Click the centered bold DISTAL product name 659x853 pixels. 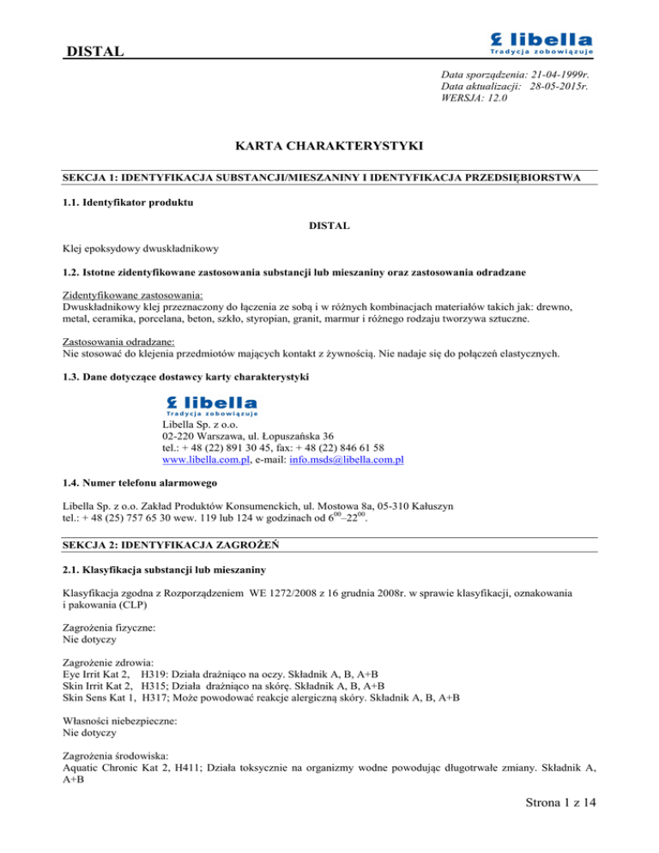pyautogui.click(x=330, y=227)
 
